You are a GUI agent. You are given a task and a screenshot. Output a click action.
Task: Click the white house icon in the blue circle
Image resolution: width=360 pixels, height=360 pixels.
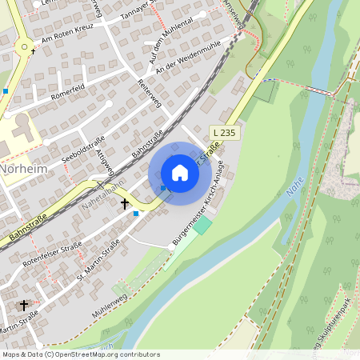pyautogui.click(x=180, y=173)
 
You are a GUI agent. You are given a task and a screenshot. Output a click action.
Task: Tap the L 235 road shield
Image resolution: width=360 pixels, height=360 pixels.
pyautogui.click(x=226, y=132)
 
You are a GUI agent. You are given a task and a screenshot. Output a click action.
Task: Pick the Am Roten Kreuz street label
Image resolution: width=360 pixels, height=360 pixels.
pyautogui.click(x=68, y=38)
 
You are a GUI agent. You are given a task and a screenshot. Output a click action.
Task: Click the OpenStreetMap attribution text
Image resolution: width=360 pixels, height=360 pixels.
pyautogui.click(x=80, y=354)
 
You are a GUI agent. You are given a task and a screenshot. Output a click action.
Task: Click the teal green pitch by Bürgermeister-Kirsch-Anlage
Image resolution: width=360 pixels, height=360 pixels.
pyautogui.click(x=203, y=226)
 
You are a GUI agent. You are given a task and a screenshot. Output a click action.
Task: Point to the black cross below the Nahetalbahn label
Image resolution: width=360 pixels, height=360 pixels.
pyautogui.click(x=124, y=205)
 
